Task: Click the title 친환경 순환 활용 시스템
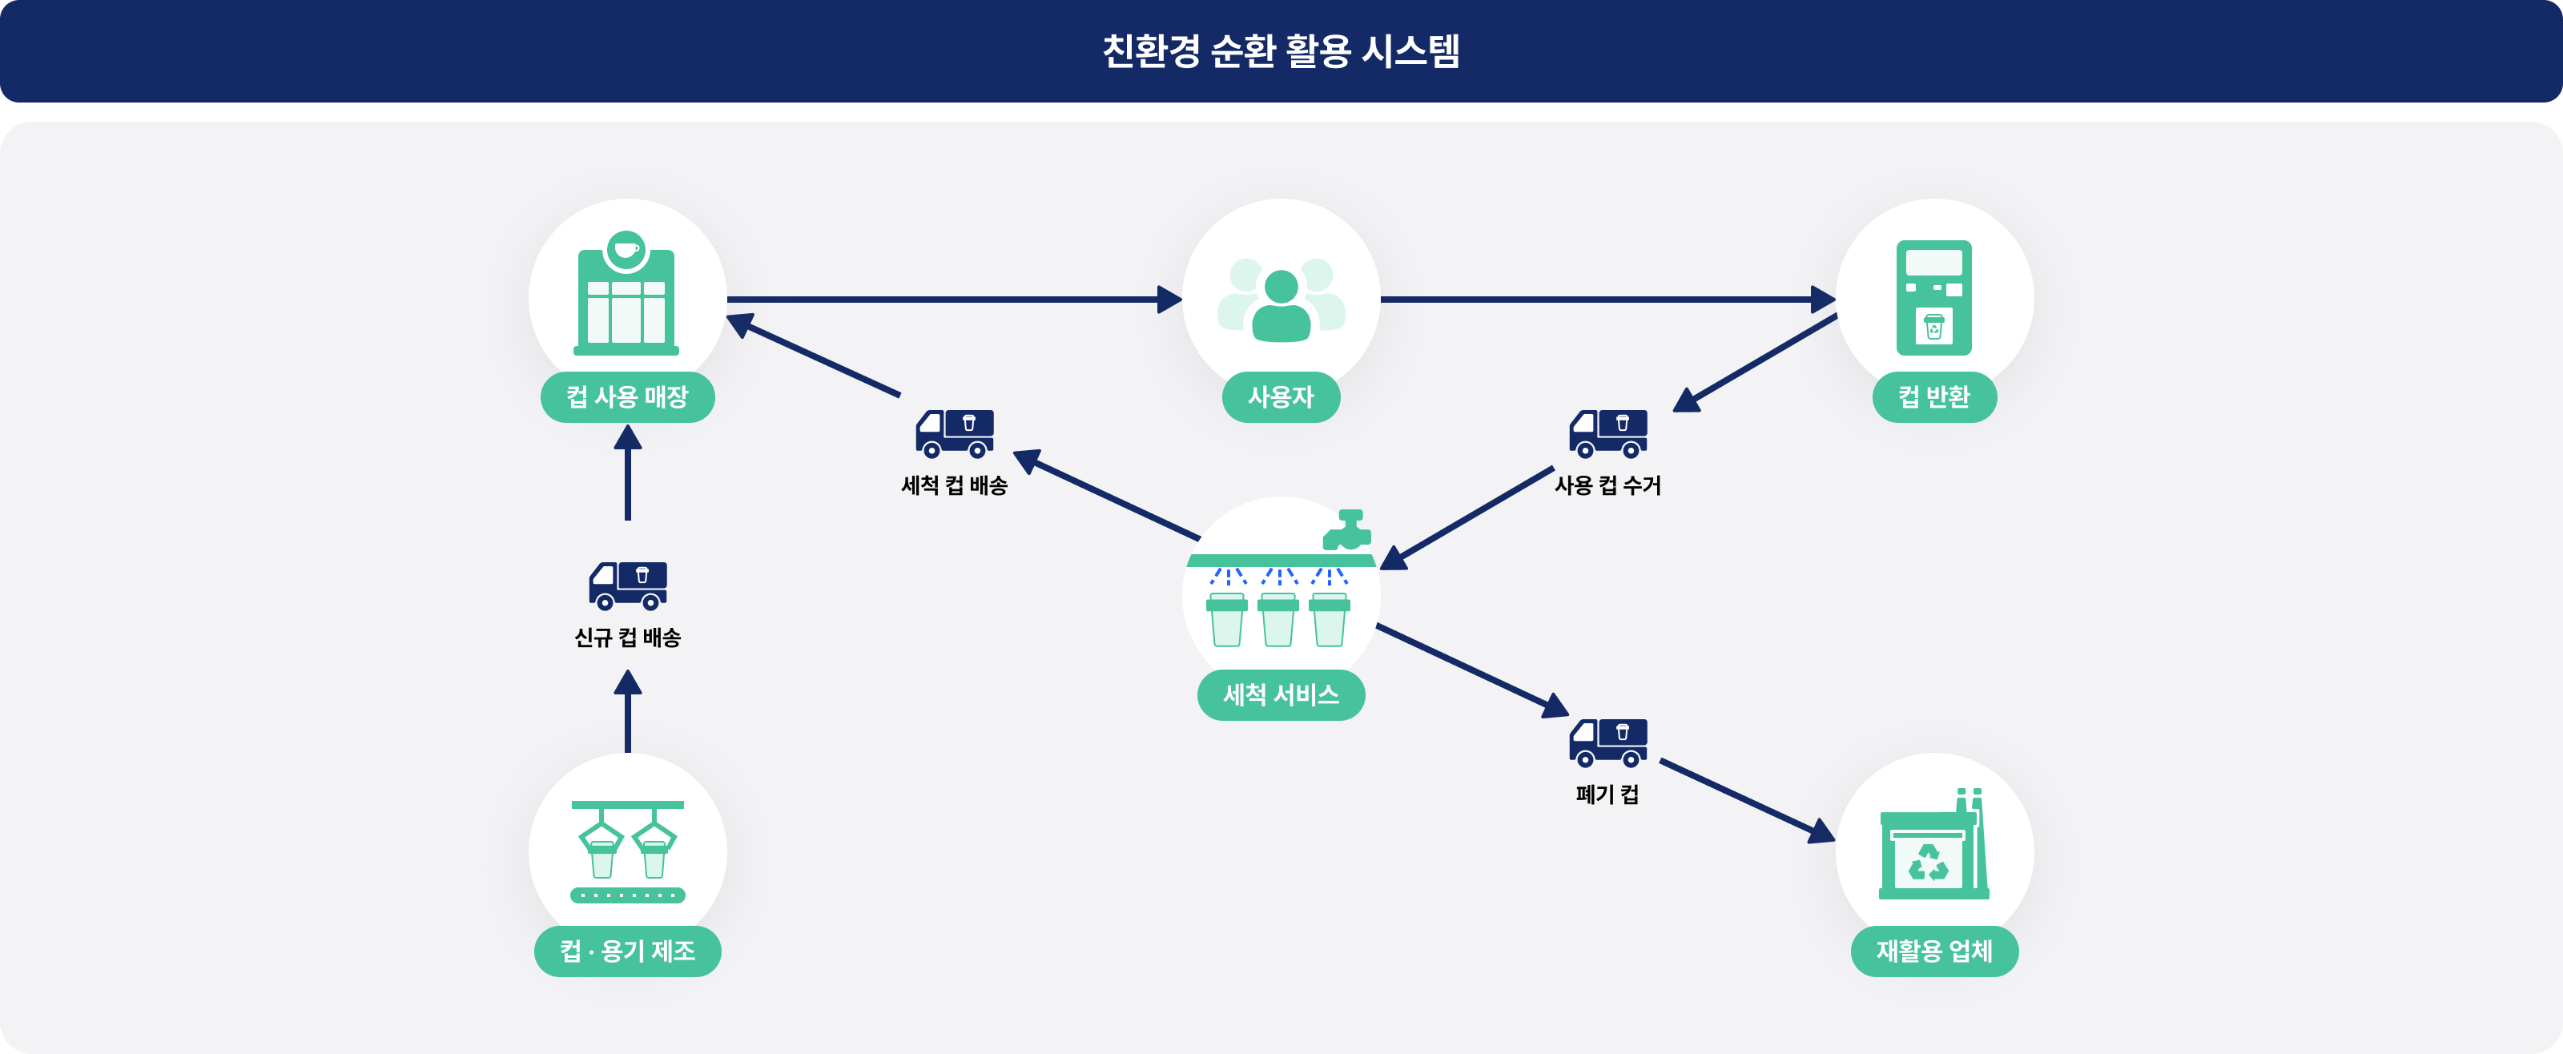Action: tap(1281, 50)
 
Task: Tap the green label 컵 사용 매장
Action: tap(627, 397)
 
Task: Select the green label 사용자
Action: tap(1281, 397)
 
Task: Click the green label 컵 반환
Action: tap(1933, 397)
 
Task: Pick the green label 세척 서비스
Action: tap(1281, 694)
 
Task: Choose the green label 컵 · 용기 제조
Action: tap(627, 951)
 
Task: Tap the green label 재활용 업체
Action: tap(1933, 951)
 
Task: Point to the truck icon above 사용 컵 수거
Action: tap(1607, 434)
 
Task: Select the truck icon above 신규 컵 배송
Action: tap(628, 585)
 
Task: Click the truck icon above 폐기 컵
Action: tap(1607, 742)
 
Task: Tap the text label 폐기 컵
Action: tap(1607, 795)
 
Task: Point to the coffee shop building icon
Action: tap(626, 296)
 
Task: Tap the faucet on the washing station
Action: tap(1348, 530)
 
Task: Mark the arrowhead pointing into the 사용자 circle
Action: tap(1170, 299)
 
